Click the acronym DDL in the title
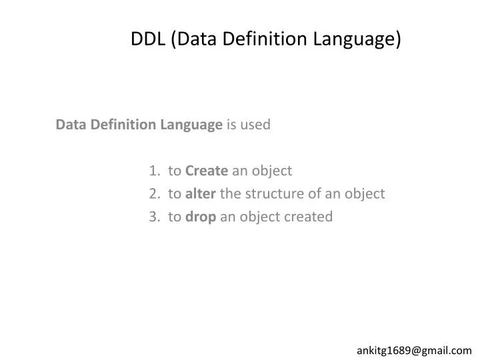[148, 39]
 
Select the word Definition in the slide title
[249, 39]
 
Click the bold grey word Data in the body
[69, 125]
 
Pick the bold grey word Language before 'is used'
[192, 125]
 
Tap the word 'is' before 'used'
[232, 125]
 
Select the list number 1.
[155, 171]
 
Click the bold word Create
[207, 171]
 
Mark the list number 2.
[155, 194]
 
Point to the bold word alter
[200, 194]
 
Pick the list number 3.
[155, 217]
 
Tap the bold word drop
[201, 217]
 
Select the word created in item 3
[310, 217]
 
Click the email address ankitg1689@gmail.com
[414, 350]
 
